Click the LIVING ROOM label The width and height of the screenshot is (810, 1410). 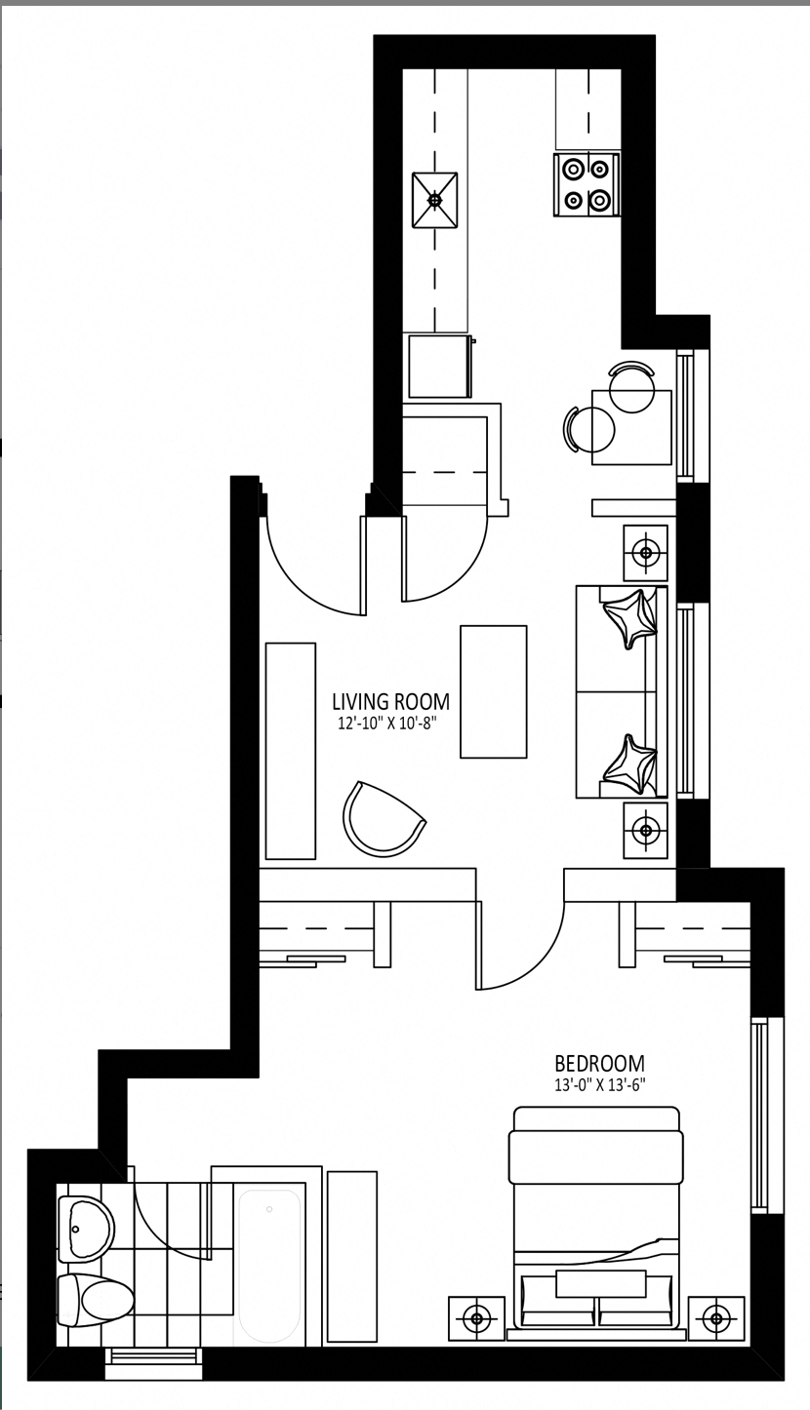(390, 701)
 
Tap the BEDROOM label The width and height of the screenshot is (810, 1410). (599, 1063)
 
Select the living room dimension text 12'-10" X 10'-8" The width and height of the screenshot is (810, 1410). (387, 724)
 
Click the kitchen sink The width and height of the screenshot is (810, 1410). (434, 200)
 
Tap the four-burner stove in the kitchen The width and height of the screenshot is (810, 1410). (586, 185)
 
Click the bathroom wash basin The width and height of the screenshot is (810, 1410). (86, 1229)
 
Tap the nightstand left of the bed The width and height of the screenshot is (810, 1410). (476, 1316)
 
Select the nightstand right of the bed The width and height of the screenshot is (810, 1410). (716, 1316)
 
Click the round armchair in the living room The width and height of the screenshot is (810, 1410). (384, 819)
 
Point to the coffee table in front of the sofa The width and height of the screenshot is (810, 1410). (493, 691)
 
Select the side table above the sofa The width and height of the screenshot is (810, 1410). (646, 553)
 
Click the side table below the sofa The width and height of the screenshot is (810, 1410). (646, 830)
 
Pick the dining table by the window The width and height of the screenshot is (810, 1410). (631, 427)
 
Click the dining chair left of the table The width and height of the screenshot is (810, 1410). (588, 429)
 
